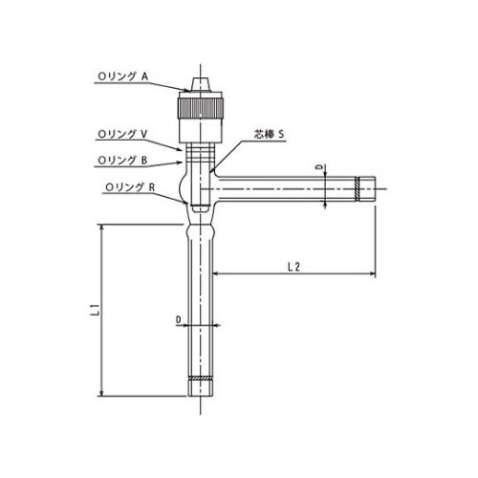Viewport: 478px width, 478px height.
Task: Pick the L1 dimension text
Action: click(90, 309)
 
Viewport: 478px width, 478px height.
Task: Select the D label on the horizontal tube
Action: click(320, 167)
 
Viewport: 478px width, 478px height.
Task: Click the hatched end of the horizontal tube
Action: click(365, 187)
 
